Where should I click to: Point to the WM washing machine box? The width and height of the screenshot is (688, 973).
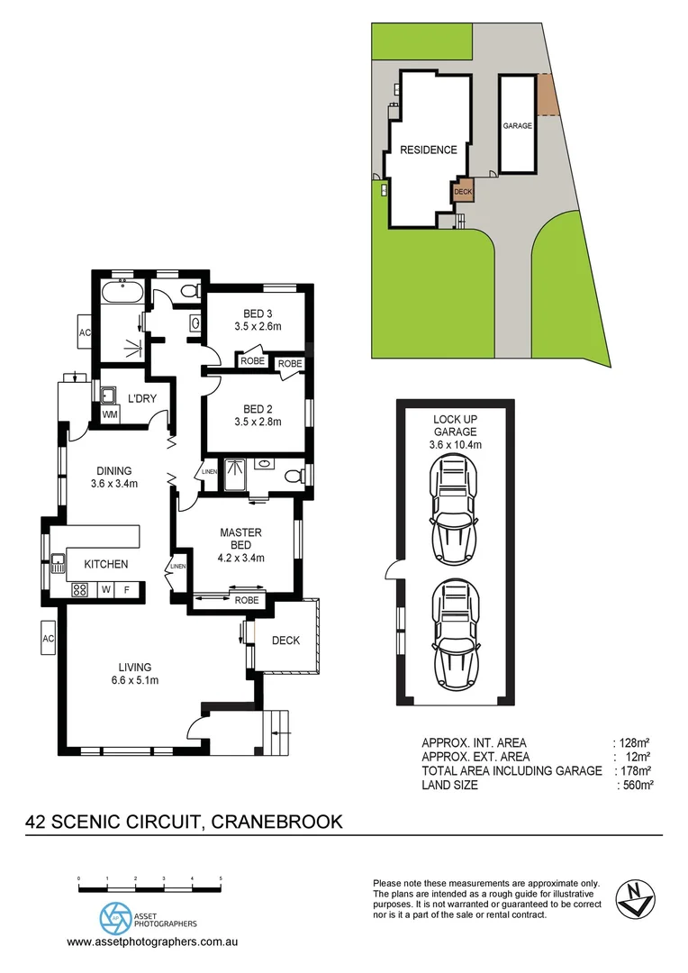tap(110, 414)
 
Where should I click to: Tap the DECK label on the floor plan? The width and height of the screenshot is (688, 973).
tap(285, 641)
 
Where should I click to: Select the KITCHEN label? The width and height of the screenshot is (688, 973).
tap(106, 564)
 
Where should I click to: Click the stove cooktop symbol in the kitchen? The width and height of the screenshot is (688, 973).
tap(79, 590)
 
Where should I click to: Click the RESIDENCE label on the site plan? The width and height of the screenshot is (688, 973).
tap(429, 150)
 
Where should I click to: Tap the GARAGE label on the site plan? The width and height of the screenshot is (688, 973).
tap(517, 126)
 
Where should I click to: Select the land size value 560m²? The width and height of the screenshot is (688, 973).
tap(635, 786)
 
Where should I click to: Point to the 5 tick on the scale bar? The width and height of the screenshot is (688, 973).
tap(221, 879)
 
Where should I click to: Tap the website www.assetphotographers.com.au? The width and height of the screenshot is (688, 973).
tap(152, 941)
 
